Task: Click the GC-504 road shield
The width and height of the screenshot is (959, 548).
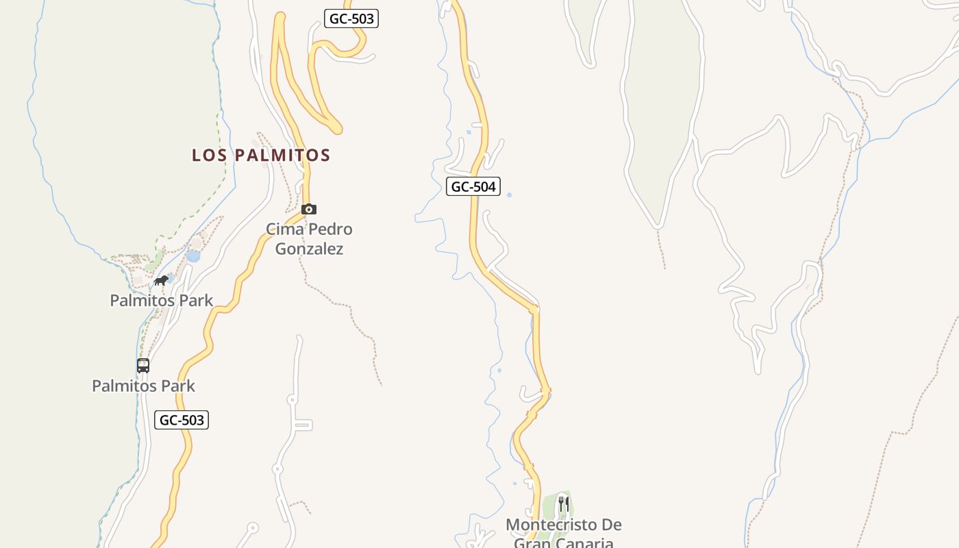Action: pos(473,186)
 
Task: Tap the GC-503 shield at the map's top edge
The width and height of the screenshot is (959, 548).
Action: pos(351,18)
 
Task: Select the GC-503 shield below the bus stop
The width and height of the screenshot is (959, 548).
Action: pos(182,420)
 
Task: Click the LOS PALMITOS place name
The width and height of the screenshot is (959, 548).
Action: pos(261,155)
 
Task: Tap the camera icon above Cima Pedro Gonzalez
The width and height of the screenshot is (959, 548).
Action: pos(309,210)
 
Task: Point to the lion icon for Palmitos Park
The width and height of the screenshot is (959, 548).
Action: pos(161,281)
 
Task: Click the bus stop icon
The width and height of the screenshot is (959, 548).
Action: pos(143,366)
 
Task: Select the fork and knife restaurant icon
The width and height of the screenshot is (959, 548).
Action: pos(564,505)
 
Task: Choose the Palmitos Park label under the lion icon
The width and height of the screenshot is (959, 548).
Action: pos(162,300)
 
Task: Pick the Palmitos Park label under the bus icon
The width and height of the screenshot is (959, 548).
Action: pos(143,386)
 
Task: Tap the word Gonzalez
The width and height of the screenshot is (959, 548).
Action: pos(309,249)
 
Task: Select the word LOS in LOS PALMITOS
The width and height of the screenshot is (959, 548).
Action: pos(210,155)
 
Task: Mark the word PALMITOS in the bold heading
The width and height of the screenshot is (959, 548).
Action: pos(283,155)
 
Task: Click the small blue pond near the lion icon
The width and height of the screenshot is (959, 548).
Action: pos(193,256)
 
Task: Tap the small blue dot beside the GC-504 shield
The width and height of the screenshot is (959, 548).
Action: pos(509,195)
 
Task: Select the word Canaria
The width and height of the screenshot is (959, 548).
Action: pos(588,543)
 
